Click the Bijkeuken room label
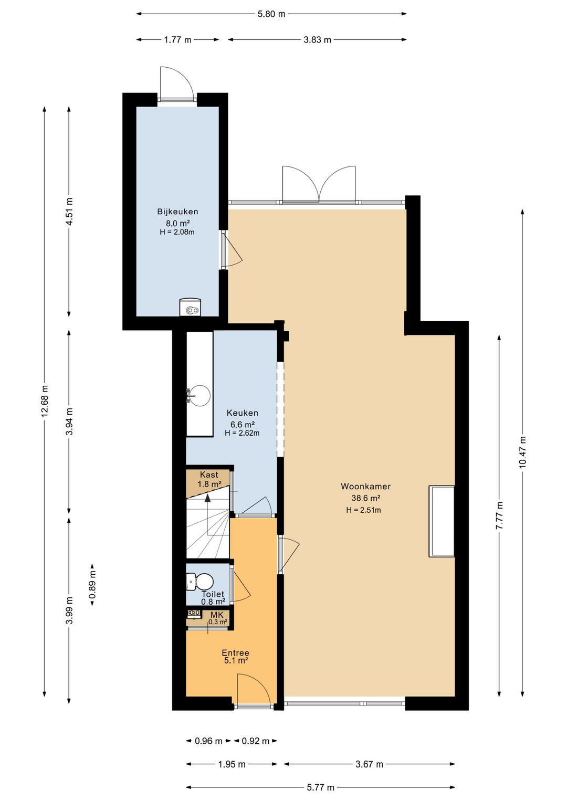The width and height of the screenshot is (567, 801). [x=177, y=212]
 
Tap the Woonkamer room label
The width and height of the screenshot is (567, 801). [x=365, y=486]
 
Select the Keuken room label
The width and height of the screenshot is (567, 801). [x=242, y=413]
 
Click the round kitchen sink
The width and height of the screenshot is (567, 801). [x=199, y=395]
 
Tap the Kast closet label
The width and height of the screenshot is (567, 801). [x=209, y=475]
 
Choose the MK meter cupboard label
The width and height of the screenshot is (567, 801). [x=217, y=615]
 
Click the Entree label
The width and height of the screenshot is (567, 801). [x=235, y=653]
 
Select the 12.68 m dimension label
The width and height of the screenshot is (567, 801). [x=45, y=401]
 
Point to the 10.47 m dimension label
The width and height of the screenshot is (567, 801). [x=523, y=452]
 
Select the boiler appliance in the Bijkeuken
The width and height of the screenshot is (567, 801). [x=190, y=307]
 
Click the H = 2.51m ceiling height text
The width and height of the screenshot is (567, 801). [x=363, y=510]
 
